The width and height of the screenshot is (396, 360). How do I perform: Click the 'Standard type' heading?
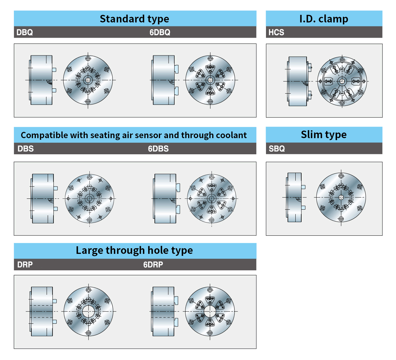click(134, 19)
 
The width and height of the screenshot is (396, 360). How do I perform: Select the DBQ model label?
click(25, 32)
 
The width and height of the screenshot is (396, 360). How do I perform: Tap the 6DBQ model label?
click(160, 32)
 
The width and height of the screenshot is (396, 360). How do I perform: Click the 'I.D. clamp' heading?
click(324, 19)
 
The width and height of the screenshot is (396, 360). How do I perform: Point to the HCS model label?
click(276, 32)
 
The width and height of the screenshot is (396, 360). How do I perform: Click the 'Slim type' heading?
click(324, 135)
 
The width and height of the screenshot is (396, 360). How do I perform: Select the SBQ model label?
click(277, 149)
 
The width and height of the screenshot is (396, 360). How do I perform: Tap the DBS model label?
click(26, 149)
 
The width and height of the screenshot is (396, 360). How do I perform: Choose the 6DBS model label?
click(158, 149)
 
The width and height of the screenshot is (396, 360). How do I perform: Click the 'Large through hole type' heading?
click(134, 250)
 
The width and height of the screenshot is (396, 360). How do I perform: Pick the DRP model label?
click(25, 265)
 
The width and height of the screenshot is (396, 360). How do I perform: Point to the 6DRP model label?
click(153, 265)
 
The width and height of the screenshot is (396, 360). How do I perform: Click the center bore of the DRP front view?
click(88, 311)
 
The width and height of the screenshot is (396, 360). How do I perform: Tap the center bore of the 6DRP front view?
click(210, 311)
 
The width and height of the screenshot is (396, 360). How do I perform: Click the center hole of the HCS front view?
click(342, 81)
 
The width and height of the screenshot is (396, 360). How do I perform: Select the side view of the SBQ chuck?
click(294, 197)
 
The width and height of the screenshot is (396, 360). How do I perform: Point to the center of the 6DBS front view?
click(212, 198)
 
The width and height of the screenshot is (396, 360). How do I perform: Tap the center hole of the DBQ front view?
click(88, 80)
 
